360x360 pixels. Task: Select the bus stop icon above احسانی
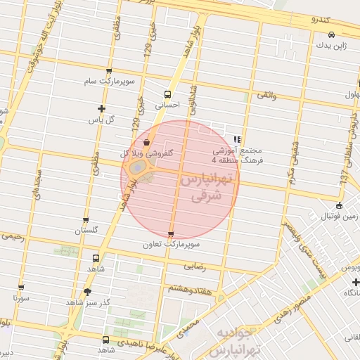click(x=167, y=94)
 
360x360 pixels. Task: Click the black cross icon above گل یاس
click(x=102, y=108)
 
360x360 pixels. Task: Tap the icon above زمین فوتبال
click(x=339, y=205)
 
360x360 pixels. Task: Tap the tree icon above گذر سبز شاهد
click(x=87, y=292)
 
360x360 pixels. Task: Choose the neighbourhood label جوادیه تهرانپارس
click(x=239, y=340)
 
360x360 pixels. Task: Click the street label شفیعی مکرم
click(x=291, y=160)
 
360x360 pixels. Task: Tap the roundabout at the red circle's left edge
click(x=139, y=167)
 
